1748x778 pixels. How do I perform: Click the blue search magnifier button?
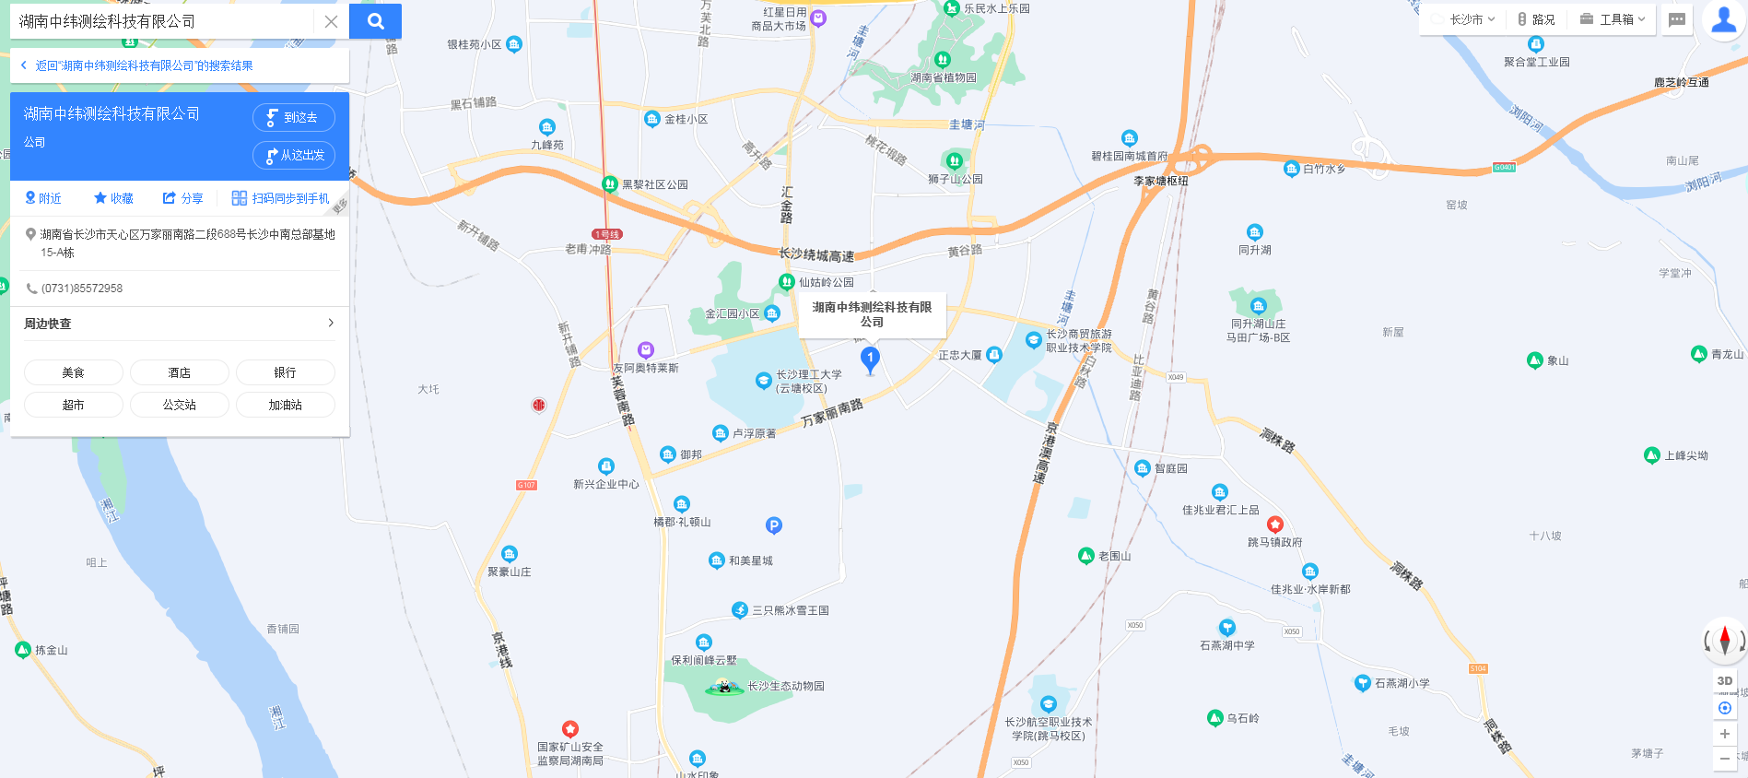click(x=375, y=21)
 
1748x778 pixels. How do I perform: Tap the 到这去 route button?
click(x=294, y=117)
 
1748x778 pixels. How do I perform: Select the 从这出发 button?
click(x=294, y=155)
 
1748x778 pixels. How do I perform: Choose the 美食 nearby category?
click(x=73, y=372)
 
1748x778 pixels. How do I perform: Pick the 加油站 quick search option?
click(x=285, y=405)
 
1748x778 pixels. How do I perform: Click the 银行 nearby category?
click(x=285, y=372)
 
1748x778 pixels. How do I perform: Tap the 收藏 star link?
click(x=113, y=198)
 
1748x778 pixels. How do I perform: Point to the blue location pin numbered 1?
click(x=870, y=359)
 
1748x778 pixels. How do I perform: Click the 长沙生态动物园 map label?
click(x=785, y=686)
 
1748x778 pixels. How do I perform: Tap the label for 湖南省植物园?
click(x=944, y=77)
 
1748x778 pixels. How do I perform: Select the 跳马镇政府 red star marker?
click(x=1274, y=525)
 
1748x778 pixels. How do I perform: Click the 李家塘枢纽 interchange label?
click(x=1160, y=181)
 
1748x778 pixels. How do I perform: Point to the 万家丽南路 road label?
click(x=831, y=413)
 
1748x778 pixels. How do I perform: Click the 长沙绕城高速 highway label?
click(x=816, y=254)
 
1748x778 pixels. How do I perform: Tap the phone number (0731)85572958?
click(x=82, y=289)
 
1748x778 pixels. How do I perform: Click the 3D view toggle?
click(x=1724, y=680)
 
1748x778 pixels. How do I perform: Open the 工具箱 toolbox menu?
click(x=1613, y=19)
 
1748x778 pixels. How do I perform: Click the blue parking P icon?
click(x=774, y=525)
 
